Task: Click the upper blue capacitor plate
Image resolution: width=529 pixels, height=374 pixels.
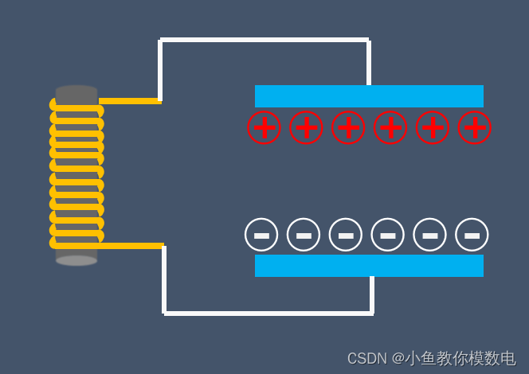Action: point(369,96)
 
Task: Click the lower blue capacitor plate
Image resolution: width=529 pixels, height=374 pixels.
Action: point(369,266)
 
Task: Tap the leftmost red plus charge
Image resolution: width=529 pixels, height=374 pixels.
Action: point(264,127)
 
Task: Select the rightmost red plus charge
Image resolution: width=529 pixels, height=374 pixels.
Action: point(475,127)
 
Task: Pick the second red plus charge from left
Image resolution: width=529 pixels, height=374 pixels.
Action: point(306,127)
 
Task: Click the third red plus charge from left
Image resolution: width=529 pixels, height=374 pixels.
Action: point(348,127)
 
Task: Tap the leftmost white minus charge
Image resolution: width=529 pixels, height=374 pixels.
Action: point(261,235)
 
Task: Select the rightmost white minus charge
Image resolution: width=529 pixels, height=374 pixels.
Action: point(472,235)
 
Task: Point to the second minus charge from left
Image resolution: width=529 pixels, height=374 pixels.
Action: point(304,235)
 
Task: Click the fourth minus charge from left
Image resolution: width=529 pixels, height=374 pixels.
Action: point(388,235)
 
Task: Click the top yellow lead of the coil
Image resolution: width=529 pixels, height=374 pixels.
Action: point(131,101)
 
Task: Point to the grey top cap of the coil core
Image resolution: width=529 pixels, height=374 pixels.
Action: point(76,91)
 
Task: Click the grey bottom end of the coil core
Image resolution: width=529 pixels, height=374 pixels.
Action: point(76,260)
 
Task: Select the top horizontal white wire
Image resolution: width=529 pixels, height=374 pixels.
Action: point(264,39)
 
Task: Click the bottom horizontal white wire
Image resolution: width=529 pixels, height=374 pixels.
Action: point(268,313)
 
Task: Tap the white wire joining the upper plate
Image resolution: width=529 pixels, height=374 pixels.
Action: point(369,62)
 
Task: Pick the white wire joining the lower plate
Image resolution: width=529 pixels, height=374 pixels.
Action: point(372,294)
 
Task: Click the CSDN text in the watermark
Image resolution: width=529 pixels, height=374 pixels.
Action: point(366,359)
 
